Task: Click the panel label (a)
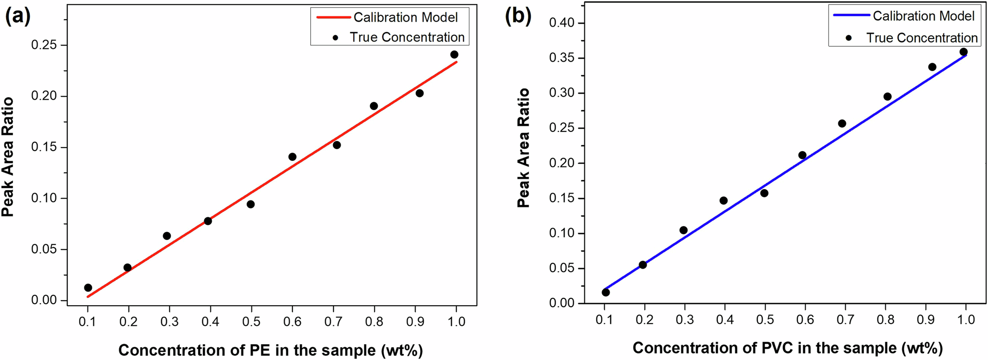pos(18,17)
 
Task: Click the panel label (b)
pos(518,16)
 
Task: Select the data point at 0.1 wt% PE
pos(88,288)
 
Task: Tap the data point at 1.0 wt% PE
pos(454,55)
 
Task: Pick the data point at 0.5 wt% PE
pos(250,204)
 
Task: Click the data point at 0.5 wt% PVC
pos(764,193)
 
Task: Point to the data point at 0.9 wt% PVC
pos(932,67)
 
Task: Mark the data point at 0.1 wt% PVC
pos(606,292)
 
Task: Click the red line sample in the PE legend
pos(333,17)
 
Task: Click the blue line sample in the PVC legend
pos(851,16)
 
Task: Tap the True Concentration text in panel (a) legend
pos(407,38)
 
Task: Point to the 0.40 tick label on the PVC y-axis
pos(562,23)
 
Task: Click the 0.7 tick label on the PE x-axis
pos(333,322)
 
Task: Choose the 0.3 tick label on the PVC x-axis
pos(684,320)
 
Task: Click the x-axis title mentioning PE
pos(270,350)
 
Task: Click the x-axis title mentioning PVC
pos(787,348)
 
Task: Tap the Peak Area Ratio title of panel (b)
pos(523,148)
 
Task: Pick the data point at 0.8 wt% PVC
pos(887,97)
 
